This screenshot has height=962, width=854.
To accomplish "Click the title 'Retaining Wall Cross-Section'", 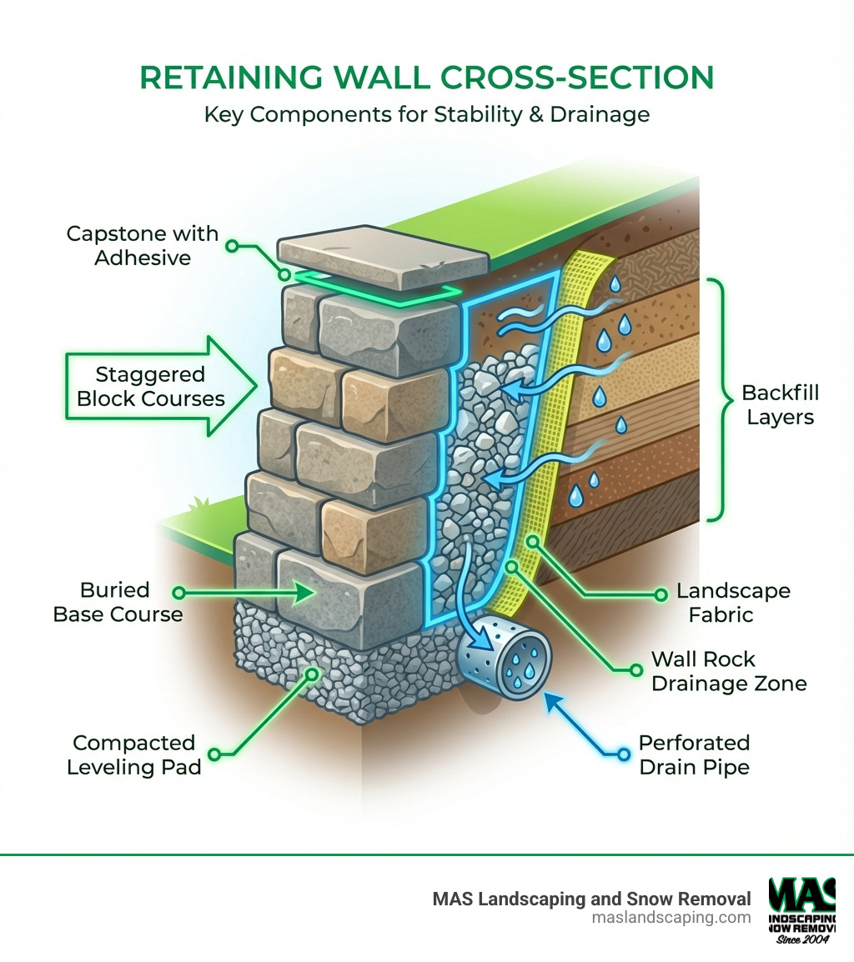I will pos(426,77).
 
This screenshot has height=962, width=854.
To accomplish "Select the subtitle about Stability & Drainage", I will pos(426,113).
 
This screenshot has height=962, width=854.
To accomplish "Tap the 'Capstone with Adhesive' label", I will pos(142,245).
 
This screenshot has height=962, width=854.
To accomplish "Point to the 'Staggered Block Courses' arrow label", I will pos(151,386).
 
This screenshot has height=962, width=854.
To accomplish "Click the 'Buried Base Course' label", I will pos(118,602).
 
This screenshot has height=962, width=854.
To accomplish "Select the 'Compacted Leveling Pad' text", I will pos(133,754).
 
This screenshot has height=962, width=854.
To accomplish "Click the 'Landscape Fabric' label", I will pos(732,603).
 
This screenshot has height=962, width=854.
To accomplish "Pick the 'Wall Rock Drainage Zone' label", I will pos(728,671).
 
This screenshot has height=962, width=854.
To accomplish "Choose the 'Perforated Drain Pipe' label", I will pos(694,754).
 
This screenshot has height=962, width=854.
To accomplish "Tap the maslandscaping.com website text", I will pos(671,918).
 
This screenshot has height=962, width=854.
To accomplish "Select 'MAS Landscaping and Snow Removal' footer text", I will pos(591,899).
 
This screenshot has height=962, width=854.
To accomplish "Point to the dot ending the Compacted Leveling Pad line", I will pos(213,755).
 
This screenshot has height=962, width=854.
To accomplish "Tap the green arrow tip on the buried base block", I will pos(310,593).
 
